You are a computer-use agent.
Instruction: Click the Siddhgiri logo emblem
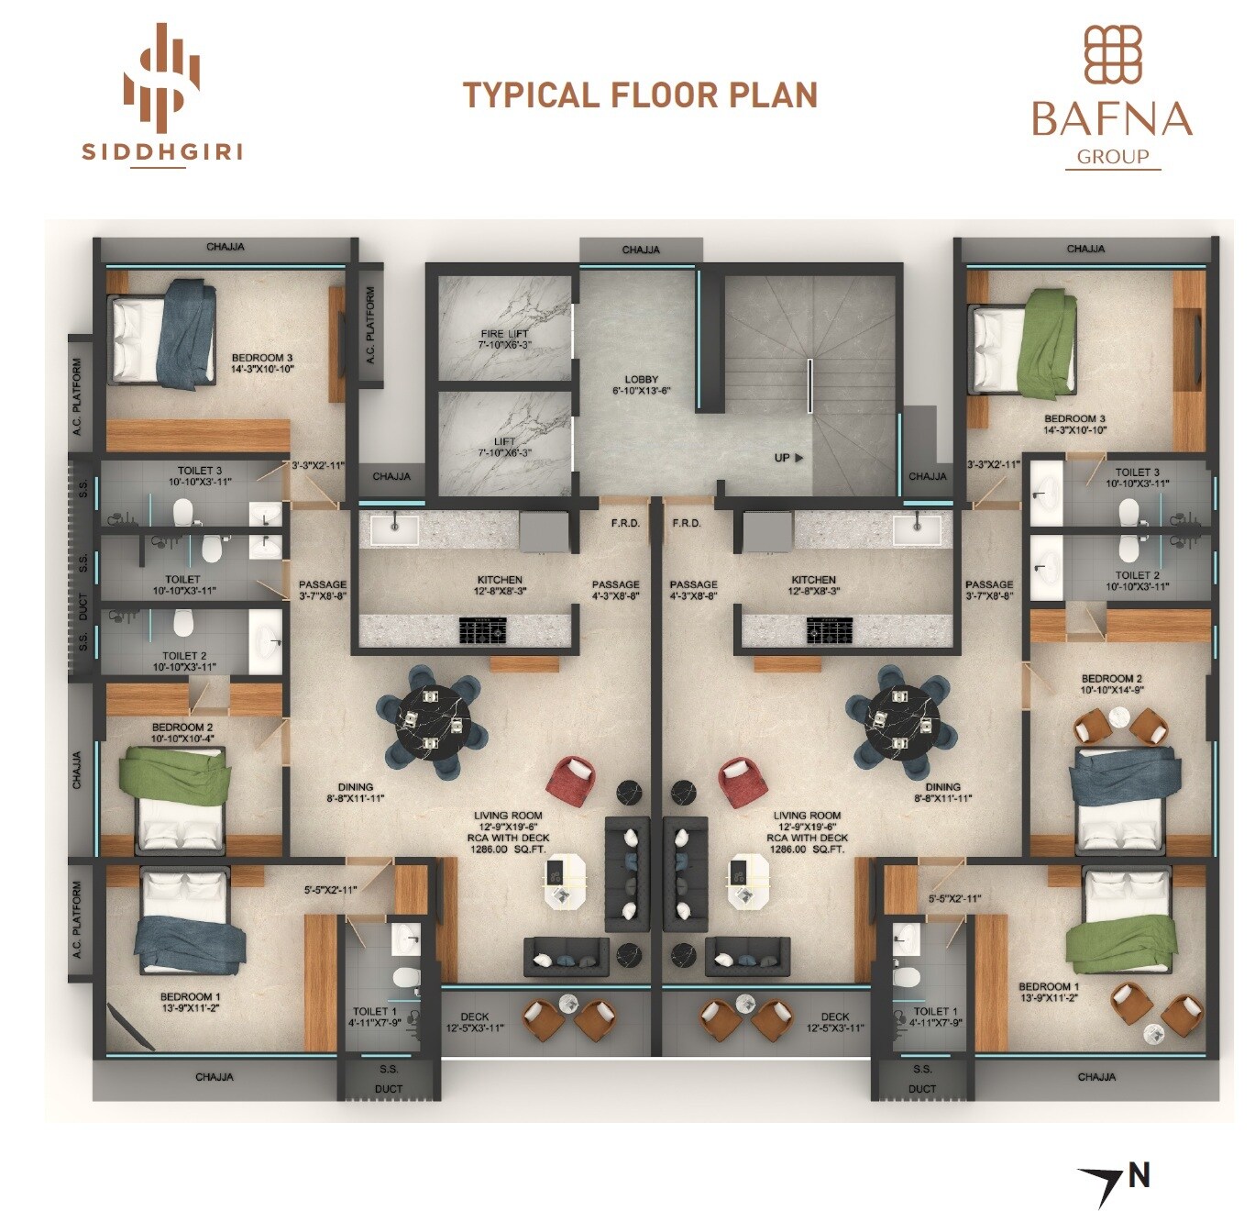coord(162,74)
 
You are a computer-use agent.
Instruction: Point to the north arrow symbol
coord(1101,1183)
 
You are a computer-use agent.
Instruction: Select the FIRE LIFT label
coord(504,334)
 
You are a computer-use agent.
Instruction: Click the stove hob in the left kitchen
coord(482,629)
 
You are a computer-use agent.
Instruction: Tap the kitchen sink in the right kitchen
coord(917,528)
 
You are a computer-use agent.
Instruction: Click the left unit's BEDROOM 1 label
coord(190,996)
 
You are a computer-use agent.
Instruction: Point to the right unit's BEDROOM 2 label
coord(1111,679)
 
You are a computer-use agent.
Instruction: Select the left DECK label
coord(474,1017)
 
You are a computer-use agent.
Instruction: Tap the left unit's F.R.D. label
coord(625,523)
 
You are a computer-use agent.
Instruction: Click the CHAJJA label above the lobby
coord(640,250)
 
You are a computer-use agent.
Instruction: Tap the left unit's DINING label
coord(355,786)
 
